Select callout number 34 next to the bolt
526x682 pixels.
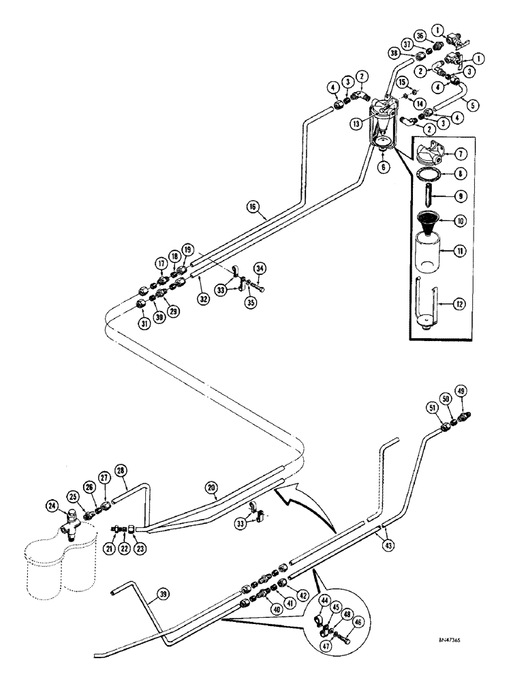pyautogui.click(x=260, y=267)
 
